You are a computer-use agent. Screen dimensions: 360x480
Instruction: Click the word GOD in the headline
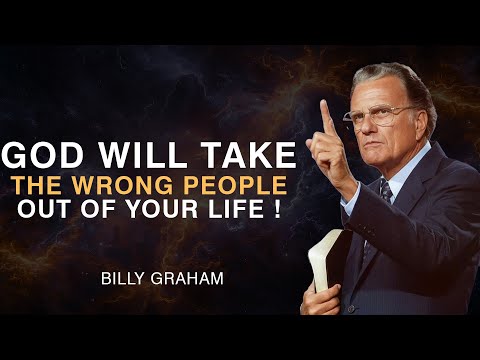coord(43,155)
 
